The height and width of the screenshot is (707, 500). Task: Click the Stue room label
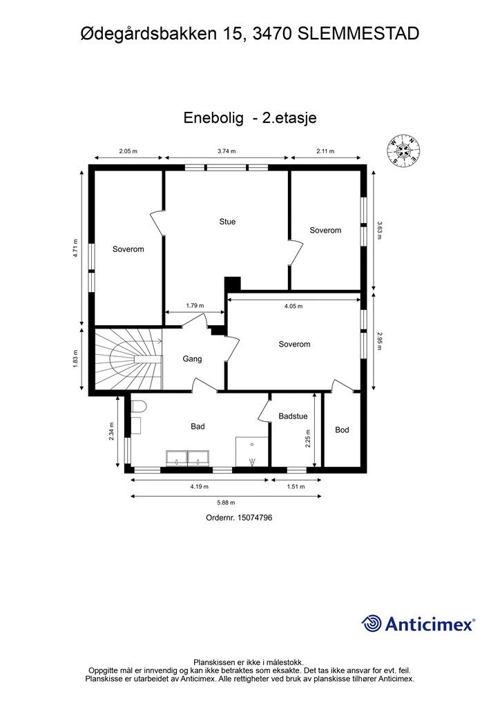[227, 222]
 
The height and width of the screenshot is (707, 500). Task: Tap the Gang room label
[192, 359]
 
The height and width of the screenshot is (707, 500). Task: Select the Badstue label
[293, 416]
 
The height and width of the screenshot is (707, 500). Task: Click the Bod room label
[342, 429]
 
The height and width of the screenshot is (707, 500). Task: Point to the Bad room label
[198, 427]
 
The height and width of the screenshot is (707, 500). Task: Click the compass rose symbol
[403, 149]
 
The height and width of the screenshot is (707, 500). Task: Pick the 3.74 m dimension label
[227, 151]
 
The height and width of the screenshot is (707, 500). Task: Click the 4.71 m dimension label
[77, 249]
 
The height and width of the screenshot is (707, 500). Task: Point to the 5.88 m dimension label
[226, 503]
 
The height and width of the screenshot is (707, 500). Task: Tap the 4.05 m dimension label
[294, 306]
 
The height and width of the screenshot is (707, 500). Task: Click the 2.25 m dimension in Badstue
[308, 438]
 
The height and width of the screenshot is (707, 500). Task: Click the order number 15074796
[239, 517]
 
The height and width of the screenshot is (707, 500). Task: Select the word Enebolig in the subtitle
[213, 118]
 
